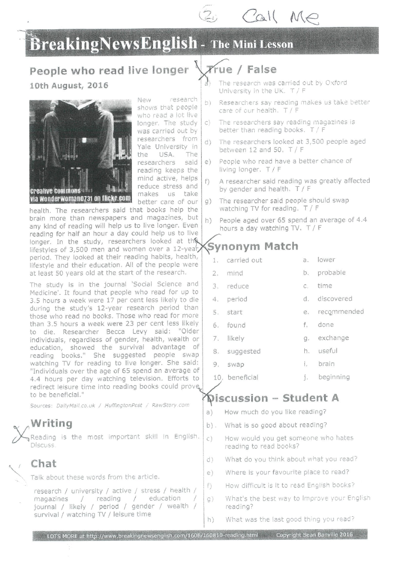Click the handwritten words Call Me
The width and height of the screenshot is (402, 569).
(x=280, y=18)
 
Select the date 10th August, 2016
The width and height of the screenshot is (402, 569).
(x=68, y=86)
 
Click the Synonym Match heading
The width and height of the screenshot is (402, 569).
(x=252, y=246)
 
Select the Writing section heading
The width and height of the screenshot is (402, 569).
(x=51, y=423)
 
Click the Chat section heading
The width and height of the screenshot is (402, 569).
(x=44, y=464)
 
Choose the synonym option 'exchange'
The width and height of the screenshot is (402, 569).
(x=333, y=338)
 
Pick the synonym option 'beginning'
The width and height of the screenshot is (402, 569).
(x=334, y=377)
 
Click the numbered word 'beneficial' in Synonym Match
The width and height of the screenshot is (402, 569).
(x=243, y=377)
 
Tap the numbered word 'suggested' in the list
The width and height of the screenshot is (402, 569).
(x=244, y=351)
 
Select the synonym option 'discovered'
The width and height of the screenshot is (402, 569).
(x=334, y=298)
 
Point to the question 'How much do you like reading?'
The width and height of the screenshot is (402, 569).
(x=275, y=411)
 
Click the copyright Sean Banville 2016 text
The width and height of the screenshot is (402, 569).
(x=314, y=535)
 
